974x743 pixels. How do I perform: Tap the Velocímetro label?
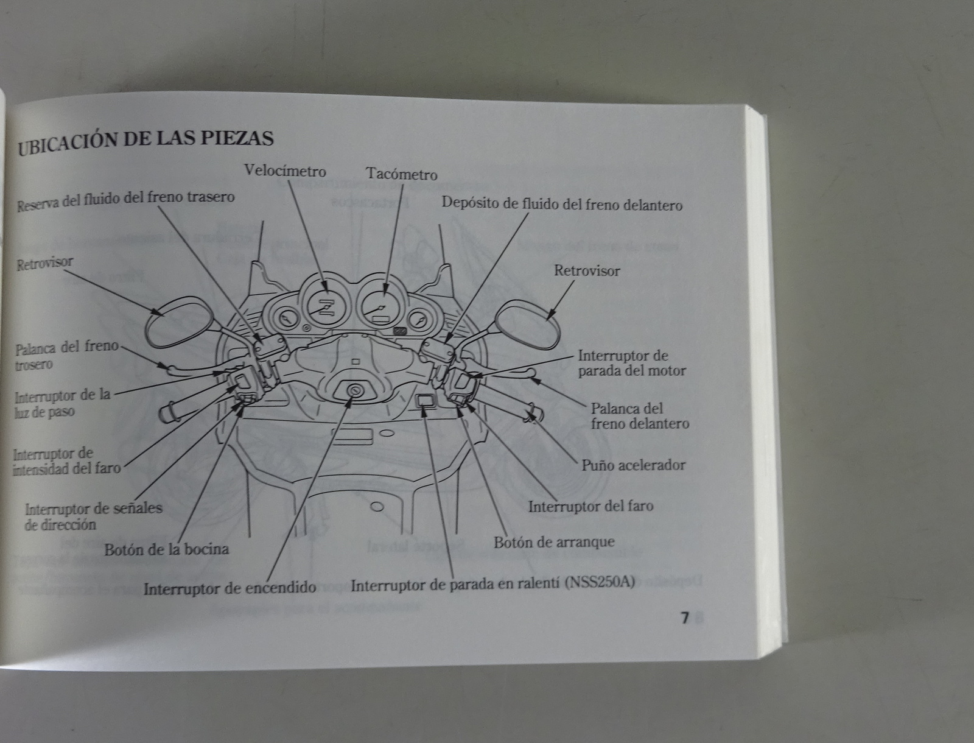(x=285, y=171)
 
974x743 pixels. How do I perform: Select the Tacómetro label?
(x=401, y=174)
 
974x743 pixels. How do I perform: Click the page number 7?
(x=684, y=618)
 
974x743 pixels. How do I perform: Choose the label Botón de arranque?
(x=554, y=542)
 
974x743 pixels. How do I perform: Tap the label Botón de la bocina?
(x=166, y=549)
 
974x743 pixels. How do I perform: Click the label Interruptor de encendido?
(x=229, y=588)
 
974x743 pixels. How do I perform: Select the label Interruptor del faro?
(x=590, y=507)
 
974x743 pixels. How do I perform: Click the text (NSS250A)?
(x=599, y=583)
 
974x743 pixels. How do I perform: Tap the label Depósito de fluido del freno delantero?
(x=562, y=204)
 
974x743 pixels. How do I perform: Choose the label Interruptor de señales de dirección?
(x=93, y=516)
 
